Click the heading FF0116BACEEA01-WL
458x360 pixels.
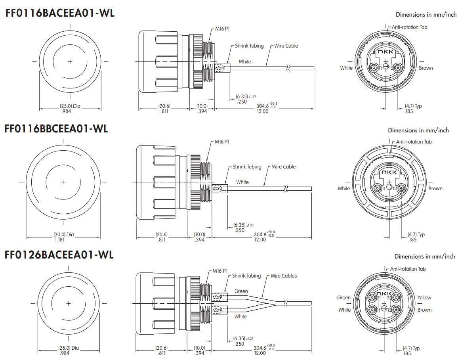click(60, 13)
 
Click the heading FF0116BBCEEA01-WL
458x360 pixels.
click(56, 129)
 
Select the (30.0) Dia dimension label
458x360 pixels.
click(64, 234)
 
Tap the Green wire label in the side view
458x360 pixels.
click(241, 291)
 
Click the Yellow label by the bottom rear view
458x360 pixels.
click(424, 297)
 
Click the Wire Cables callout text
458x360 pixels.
click(284, 276)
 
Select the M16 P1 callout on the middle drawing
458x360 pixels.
click(222, 142)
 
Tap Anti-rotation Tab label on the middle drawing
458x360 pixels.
click(414, 142)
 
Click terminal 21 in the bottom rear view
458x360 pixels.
click(372, 298)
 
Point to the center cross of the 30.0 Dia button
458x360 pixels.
click(63, 182)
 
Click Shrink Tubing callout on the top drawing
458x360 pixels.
click(249, 46)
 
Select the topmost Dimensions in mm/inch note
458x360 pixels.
click(426, 15)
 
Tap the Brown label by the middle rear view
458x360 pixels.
click(435, 188)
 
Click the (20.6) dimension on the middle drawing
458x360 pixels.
click(162, 234)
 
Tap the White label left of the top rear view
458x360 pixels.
click(346, 68)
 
